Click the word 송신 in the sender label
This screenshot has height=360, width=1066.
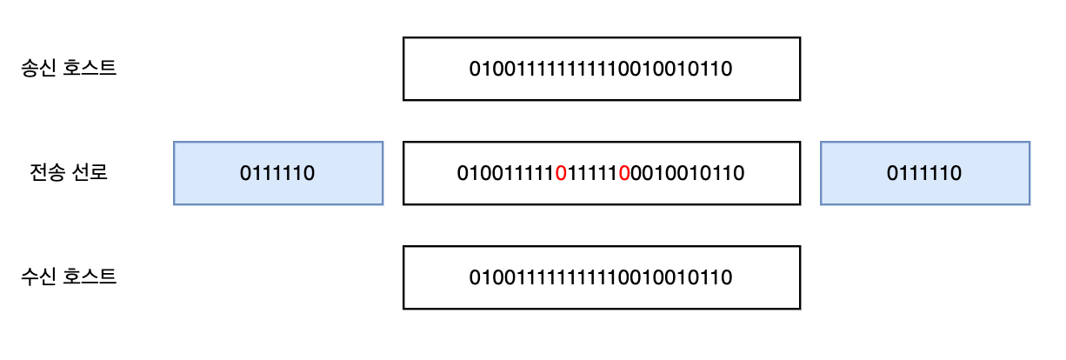coord(38,69)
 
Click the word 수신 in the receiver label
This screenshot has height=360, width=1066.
coord(38,277)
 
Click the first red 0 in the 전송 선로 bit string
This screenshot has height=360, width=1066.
coord(561,173)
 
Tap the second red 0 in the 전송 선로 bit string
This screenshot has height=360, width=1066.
coord(623,173)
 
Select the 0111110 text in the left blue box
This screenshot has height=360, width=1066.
coord(277,173)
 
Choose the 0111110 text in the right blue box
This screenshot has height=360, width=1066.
coord(924,173)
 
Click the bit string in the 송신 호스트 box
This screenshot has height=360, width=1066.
coord(601,69)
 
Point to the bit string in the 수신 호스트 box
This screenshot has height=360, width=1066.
coord(601,277)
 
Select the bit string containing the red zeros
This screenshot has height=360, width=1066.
coord(601,173)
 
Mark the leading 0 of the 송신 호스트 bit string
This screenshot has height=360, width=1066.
coord(475,69)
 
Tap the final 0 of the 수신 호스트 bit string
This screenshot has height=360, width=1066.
coord(727,277)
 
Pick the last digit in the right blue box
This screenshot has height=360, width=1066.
coord(956,173)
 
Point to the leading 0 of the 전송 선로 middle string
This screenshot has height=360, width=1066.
coord(463,173)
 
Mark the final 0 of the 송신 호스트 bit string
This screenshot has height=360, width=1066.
coord(727,69)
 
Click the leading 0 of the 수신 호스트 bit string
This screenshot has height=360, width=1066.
coord(475,277)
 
